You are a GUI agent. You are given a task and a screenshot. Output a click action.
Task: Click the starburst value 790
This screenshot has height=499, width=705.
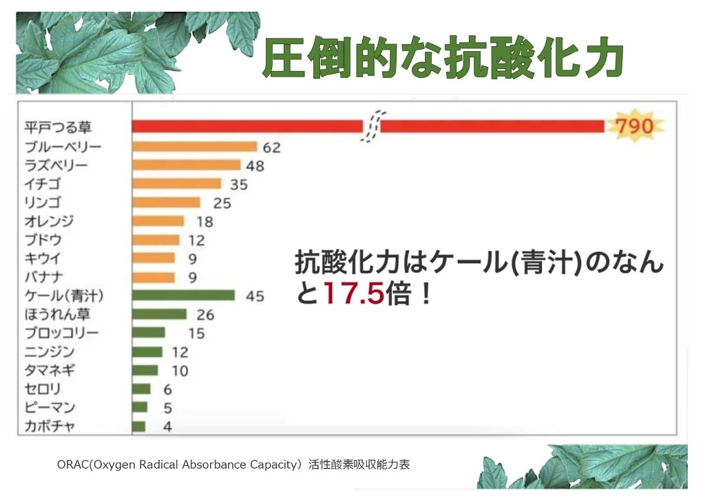coord(634,127)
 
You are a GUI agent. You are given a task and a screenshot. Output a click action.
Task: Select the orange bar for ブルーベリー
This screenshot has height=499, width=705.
coord(194,146)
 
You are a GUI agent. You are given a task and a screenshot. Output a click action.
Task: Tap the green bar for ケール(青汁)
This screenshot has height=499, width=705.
coord(183,296)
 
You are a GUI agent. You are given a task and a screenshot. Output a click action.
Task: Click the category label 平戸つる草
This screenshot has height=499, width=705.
coord(58,128)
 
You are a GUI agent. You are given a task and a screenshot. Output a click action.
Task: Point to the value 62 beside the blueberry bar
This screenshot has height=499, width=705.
coord(271,147)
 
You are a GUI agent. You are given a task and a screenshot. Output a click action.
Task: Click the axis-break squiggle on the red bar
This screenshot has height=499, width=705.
coord(372,127)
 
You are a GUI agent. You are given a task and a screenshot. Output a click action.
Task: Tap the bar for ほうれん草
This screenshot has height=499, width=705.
coord(159,314)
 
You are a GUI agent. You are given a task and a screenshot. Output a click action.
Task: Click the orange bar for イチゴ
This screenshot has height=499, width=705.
coord(176,183)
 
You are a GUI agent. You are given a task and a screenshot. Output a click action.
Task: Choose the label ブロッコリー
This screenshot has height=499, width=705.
coord(61,333)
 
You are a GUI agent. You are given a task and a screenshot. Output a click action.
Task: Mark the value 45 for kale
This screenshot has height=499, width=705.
coord(255,296)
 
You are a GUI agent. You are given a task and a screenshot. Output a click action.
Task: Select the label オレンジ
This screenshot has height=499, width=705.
coord(49,221)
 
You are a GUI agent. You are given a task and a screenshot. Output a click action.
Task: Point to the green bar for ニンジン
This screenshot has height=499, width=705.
coord(147,352)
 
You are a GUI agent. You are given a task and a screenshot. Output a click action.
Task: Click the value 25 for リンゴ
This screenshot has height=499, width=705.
coord(222,203)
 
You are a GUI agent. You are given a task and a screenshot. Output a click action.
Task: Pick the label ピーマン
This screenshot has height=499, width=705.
coord(50,407)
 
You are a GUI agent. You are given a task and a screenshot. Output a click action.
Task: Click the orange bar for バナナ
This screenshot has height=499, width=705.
coord(153,277)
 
